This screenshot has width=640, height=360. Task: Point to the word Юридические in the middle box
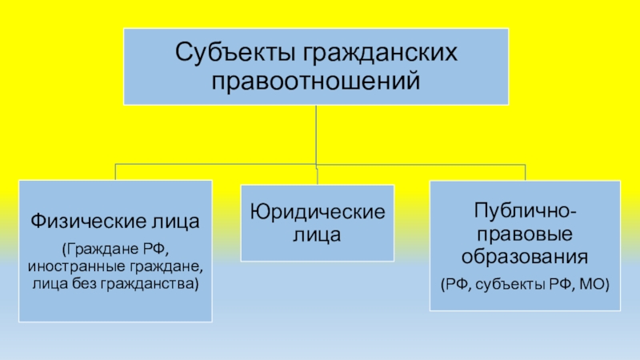(x=317, y=212)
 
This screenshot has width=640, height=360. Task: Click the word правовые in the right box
(x=524, y=235)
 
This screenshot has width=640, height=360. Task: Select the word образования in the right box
(x=524, y=258)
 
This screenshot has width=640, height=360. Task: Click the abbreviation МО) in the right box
(x=593, y=282)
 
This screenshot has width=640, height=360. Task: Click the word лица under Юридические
(x=317, y=235)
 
